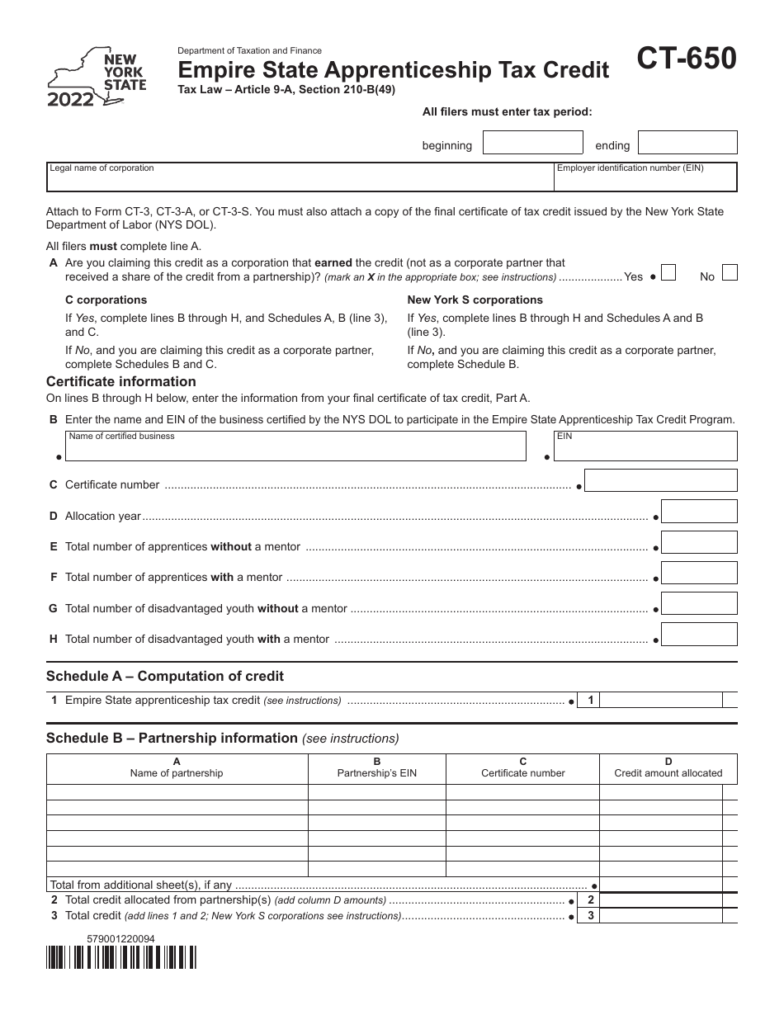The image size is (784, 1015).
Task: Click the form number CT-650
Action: pyautogui.click(x=686, y=61)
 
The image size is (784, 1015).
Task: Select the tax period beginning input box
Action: pyautogui.click(x=530, y=144)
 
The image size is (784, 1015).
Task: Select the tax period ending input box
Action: pyautogui.click(x=687, y=144)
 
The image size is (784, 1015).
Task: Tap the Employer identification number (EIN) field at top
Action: pyautogui.click(x=645, y=177)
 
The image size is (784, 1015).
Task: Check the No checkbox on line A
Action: pyautogui.click(x=729, y=273)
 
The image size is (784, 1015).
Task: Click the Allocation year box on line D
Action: pyautogui.click(x=699, y=512)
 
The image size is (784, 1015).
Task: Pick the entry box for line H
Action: pyautogui.click(x=699, y=634)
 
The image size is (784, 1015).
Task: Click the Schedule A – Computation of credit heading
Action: pyautogui.click(x=165, y=676)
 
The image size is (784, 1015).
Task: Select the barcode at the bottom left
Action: pyautogui.click(x=122, y=957)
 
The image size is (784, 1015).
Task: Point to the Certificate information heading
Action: pyautogui.click(x=121, y=381)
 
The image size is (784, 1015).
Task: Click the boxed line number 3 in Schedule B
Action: pyautogui.click(x=590, y=916)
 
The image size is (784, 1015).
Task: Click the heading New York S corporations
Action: pyautogui.click(x=475, y=300)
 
